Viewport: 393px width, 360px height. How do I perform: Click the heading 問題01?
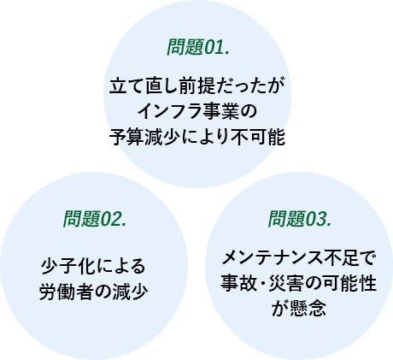click(x=198, y=47)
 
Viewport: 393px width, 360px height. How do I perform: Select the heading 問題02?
click(x=95, y=219)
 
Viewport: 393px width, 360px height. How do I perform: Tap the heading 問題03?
click(x=300, y=219)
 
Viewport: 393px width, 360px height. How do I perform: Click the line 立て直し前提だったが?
click(x=197, y=86)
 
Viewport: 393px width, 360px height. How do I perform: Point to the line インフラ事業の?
click(x=197, y=111)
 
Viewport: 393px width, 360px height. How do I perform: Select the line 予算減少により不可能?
click(x=197, y=137)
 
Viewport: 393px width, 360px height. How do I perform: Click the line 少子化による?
click(x=93, y=266)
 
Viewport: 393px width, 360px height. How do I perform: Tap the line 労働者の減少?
click(x=93, y=292)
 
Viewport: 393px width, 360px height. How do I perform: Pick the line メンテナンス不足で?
click(x=299, y=257)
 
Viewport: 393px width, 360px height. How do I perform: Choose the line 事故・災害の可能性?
click(x=299, y=283)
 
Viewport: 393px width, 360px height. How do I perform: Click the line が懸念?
click(x=299, y=309)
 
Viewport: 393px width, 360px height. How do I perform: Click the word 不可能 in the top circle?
click(x=259, y=137)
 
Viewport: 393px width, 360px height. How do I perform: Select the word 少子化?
click(x=67, y=266)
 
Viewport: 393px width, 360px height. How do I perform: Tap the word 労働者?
click(x=65, y=292)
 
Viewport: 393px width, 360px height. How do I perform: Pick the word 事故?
click(x=238, y=283)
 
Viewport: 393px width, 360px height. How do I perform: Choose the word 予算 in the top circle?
click(x=126, y=137)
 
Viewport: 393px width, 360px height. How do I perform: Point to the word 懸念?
click(x=308, y=309)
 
